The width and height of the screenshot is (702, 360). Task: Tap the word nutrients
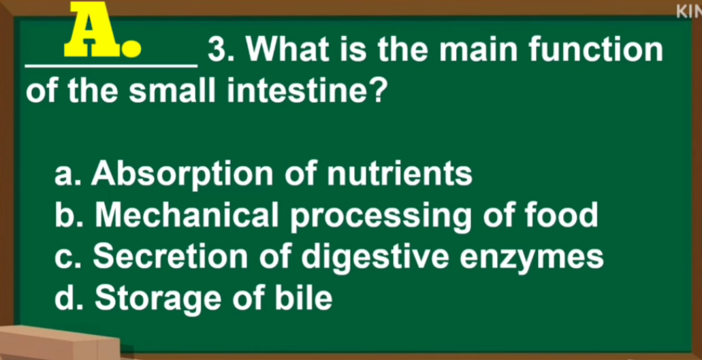coord(400,174)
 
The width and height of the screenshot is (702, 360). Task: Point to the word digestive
coord(375,259)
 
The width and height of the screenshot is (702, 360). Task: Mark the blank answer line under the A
coord(111,66)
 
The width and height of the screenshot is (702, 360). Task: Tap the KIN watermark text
coord(690,12)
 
